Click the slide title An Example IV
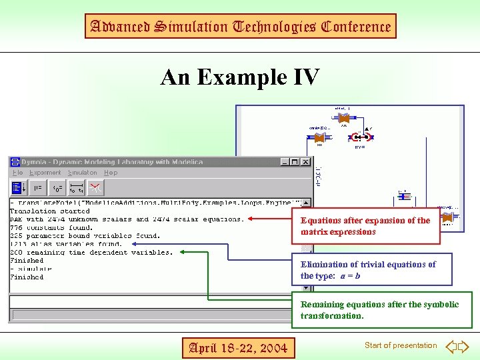click(240, 77)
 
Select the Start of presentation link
click(400, 345)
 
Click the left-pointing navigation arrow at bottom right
click(451, 346)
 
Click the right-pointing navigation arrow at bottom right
click(464, 346)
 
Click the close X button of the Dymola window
click(305, 162)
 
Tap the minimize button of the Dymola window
click(285, 162)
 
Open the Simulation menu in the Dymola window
click(82, 173)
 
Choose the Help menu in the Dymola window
click(111, 173)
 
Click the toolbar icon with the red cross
click(95, 187)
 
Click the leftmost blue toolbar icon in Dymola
click(18, 187)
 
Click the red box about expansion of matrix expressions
click(365, 226)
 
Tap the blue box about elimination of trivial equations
click(371, 269)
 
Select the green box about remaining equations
click(381, 310)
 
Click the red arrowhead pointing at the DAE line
click(251, 219)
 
